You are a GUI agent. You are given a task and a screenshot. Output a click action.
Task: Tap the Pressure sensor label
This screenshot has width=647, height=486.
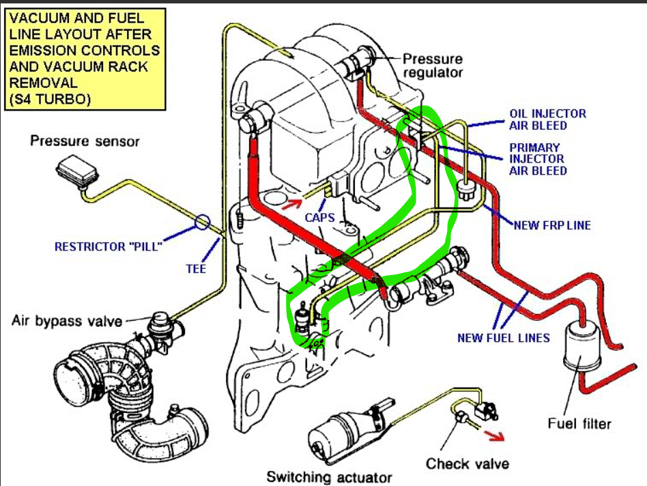[85, 141]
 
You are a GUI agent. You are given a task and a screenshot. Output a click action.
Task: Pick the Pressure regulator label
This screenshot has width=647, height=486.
[433, 66]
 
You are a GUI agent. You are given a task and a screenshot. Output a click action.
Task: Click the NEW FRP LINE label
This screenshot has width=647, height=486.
[552, 225]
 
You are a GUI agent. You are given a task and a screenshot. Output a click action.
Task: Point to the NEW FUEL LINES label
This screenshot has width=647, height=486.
[503, 337]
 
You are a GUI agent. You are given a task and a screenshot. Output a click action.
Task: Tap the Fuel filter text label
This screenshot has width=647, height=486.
[579, 424]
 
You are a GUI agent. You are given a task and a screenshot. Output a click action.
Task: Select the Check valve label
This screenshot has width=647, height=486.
[468, 463]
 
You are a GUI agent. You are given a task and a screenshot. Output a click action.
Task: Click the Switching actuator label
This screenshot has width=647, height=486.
[330, 476]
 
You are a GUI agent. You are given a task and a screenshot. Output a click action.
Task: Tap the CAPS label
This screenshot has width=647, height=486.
[320, 217]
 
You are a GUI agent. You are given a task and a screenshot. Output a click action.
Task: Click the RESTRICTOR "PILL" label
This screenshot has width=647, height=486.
[108, 246]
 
